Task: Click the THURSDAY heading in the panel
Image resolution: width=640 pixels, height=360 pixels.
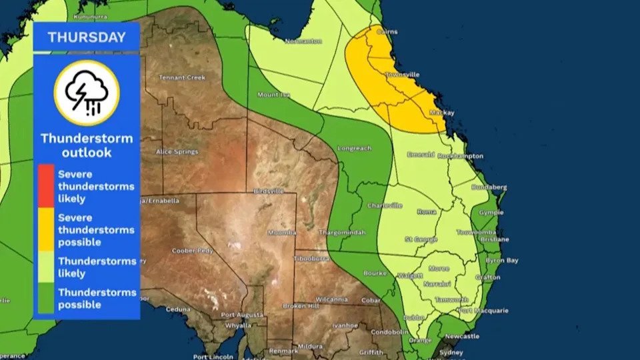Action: tap(87, 37)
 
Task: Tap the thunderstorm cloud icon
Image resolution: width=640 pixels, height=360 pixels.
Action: tap(87, 93)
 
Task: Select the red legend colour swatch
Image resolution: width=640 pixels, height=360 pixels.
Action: tap(46, 185)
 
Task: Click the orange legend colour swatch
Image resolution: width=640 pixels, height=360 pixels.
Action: tap(46, 229)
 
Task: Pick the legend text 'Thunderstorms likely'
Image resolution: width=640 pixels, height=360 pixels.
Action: tap(97, 267)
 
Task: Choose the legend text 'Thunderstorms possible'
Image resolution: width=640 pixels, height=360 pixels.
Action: tap(97, 299)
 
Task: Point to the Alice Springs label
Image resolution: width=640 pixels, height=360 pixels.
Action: tap(177, 152)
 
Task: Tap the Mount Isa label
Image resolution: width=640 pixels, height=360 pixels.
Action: tap(273, 95)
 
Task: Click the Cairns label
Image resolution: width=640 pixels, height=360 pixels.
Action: tap(387, 31)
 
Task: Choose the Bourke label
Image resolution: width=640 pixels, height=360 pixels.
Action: tap(375, 273)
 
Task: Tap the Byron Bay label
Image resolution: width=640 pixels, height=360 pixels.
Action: tap(503, 261)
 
